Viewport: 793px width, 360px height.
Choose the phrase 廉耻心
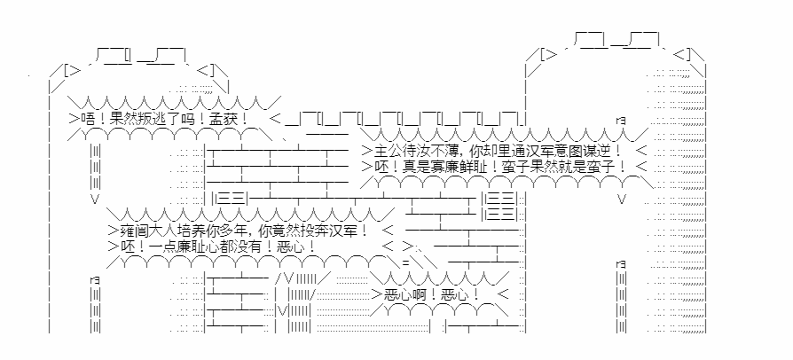click(198, 247)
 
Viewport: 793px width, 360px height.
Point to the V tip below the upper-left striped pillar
click(95, 199)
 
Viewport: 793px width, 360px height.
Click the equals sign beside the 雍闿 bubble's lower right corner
click(405, 263)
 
